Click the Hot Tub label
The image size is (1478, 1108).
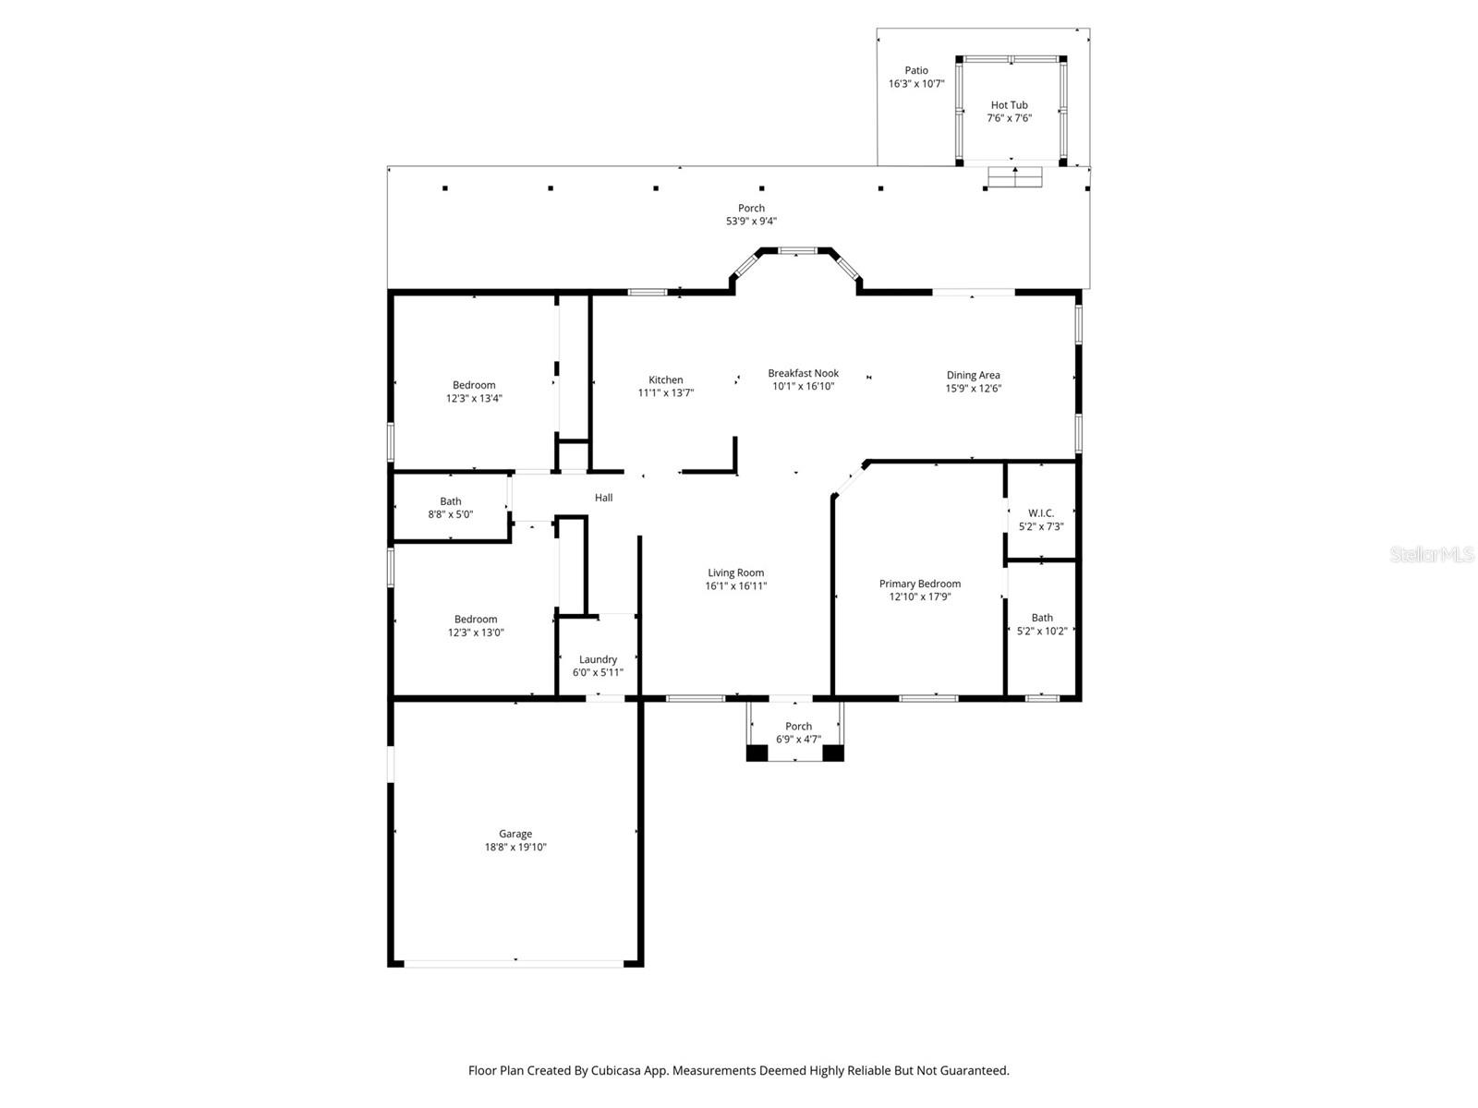[x=1009, y=105]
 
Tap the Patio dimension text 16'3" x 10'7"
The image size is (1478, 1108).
[x=916, y=84]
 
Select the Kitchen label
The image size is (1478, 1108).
[x=665, y=379]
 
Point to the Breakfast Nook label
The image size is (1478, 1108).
[x=803, y=373]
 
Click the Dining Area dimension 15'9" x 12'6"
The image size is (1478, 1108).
[x=973, y=389]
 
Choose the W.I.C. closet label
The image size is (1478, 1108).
[x=1040, y=513]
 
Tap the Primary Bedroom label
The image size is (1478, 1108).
[x=919, y=584]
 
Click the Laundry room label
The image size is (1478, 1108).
[x=598, y=659]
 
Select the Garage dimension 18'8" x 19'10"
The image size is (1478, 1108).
[x=515, y=848]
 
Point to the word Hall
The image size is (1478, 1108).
[x=603, y=498]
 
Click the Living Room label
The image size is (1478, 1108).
[x=735, y=572]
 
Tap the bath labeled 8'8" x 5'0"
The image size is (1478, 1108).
[x=450, y=508]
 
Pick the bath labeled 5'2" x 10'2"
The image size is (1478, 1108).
[x=1041, y=624]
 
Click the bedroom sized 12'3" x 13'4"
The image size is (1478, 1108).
[x=474, y=391]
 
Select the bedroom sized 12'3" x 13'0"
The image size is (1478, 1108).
[x=476, y=626]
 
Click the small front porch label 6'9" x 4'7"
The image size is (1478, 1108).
[x=798, y=733]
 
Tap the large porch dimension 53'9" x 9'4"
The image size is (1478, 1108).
[x=751, y=222]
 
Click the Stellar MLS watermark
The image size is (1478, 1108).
[x=1431, y=555]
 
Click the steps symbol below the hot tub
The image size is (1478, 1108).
[x=1015, y=176]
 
